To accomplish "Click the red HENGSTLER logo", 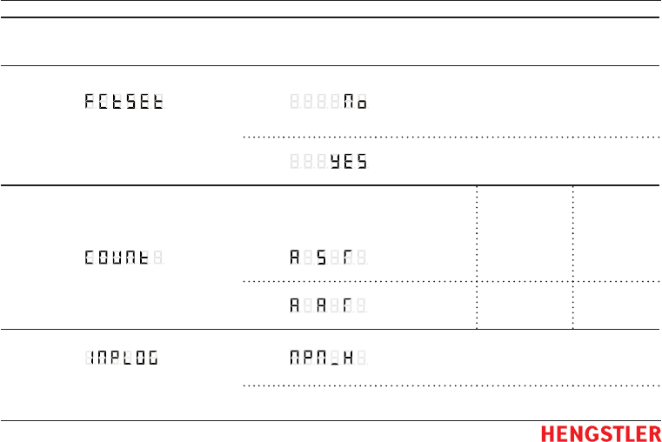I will pyautogui.click(x=600, y=433).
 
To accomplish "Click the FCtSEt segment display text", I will pyautogui.click(x=124, y=102).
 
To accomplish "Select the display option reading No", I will pyautogui.click(x=354, y=102).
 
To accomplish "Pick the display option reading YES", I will pyautogui.click(x=348, y=162).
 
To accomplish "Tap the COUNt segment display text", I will pyautogui.click(x=117, y=258).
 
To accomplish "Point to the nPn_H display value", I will pyautogui.click(x=321, y=357).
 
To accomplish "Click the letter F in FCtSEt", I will pyautogui.click(x=90, y=102).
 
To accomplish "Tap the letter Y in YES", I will pyautogui.click(x=335, y=162).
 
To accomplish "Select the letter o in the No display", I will pyautogui.click(x=361, y=102).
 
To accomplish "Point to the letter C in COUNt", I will pyautogui.click(x=90, y=258).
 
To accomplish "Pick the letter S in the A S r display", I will pyautogui.click(x=321, y=258).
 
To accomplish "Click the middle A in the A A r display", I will pyautogui.click(x=321, y=305).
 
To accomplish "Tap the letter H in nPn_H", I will pyautogui.click(x=348, y=357).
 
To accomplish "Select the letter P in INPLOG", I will pyautogui.click(x=110, y=357).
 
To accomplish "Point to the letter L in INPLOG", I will pyautogui.click(x=124, y=357).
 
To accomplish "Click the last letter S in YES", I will pyautogui.click(x=361, y=162).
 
